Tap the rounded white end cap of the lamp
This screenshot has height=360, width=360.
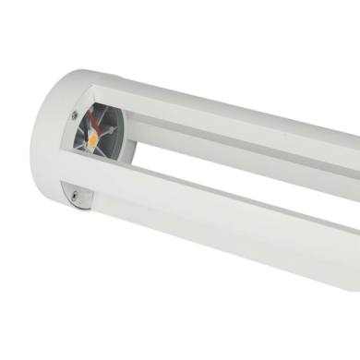coord(37,138)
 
